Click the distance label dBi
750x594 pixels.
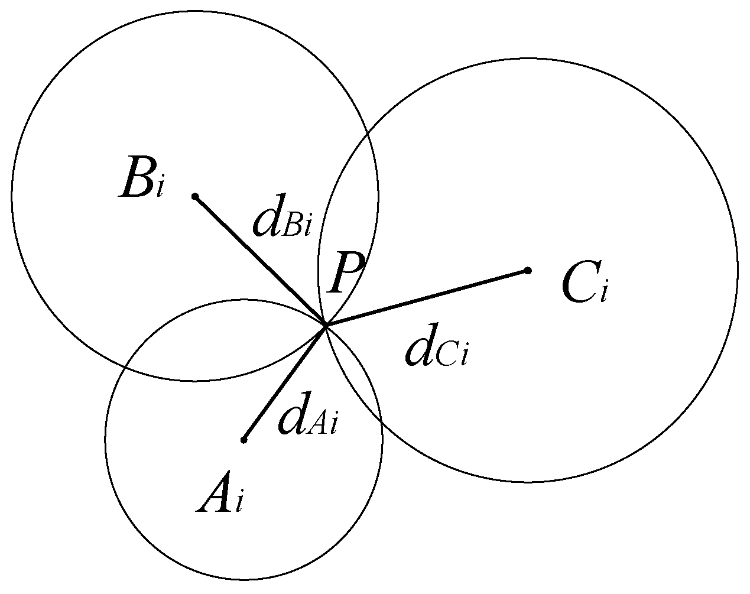point(281,222)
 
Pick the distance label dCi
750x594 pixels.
point(436,352)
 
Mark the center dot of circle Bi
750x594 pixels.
point(195,196)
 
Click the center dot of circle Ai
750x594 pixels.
point(243,439)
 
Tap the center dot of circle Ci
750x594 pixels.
point(528,270)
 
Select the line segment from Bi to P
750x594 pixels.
point(260,261)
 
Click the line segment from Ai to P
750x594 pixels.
point(284,383)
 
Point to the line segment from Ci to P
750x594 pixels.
point(426,298)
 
